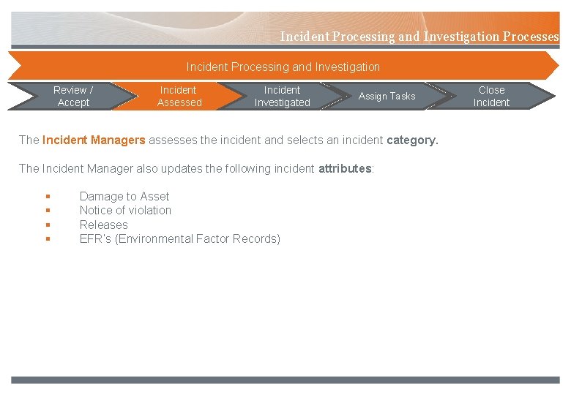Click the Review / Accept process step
[x=73, y=97]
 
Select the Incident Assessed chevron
[x=179, y=97]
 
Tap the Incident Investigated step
[x=282, y=97]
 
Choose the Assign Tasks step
[x=387, y=97]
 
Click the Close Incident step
[x=491, y=97]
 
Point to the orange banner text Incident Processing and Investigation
[x=283, y=67]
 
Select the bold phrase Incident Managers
[x=94, y=140]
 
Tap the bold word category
[x=412, y=140]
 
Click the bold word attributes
[x=345, y=168]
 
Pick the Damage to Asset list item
[x=124, y=196]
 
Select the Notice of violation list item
[x=125, y=210]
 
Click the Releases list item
[x=103, y=225]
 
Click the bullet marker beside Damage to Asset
[x=47, y=197]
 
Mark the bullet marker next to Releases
[x=47, y=225]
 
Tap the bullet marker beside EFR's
[x=47, y=239]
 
